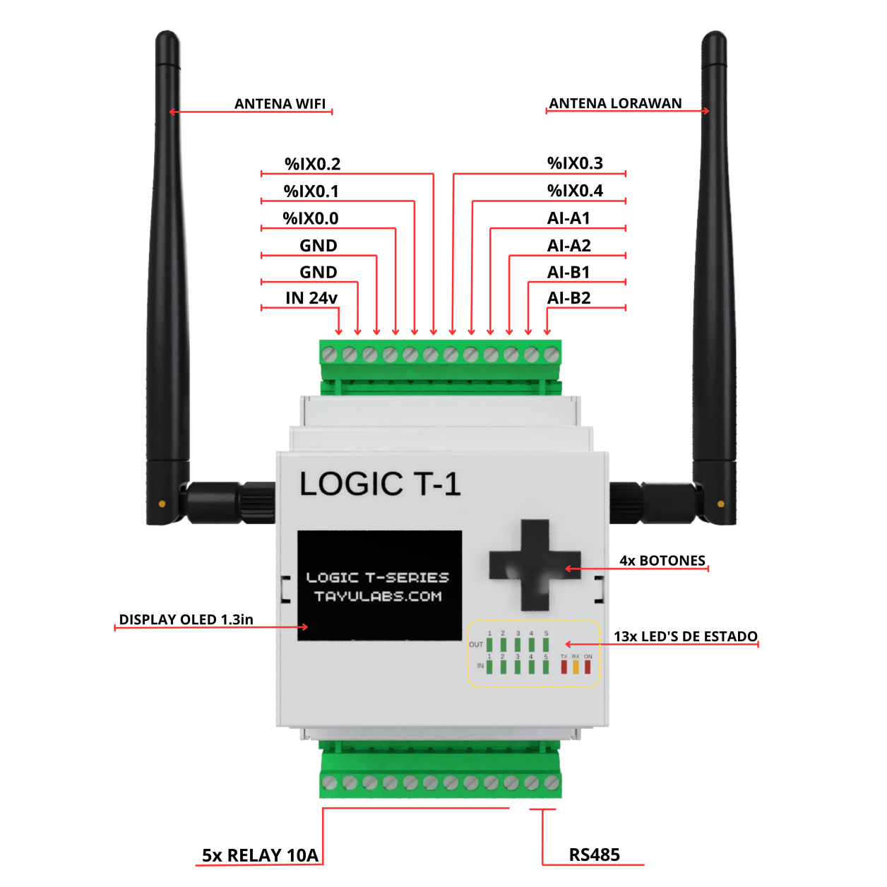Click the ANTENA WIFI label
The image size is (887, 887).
coord(280,104)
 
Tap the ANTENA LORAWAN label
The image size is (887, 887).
coord(615,103)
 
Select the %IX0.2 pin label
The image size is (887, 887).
coord(312,164)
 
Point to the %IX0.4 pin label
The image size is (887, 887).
coord(575,191)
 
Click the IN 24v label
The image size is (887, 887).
coord(311,298)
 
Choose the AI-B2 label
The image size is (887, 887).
coord(568,298)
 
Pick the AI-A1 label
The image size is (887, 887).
coord(568,218)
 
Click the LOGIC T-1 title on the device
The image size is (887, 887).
coord(380,484)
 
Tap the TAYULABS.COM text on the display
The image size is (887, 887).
coord(378,597)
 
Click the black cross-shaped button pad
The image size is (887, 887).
coord(535,565)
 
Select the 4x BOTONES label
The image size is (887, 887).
coord(662,561)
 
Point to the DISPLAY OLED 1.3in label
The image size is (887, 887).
coord(186,619)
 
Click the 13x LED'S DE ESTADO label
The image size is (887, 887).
coord(685,636)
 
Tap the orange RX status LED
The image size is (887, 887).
coord(576,666)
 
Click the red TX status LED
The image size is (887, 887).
coord(564,666)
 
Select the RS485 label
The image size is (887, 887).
coord(594,855)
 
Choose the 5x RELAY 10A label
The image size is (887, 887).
coord(260,855)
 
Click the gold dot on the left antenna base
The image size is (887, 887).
coord(162,504)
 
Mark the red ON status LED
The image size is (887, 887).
coord(588,666)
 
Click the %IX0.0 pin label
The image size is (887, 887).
coord(311,218)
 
